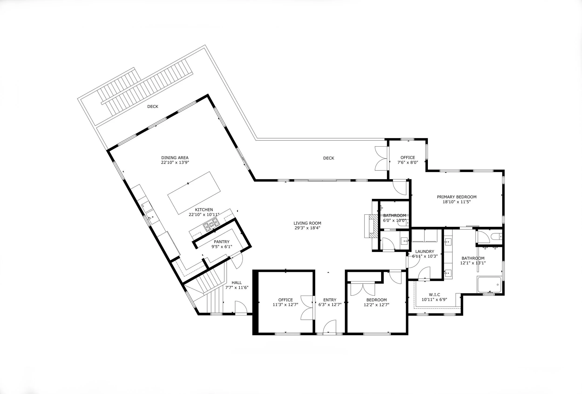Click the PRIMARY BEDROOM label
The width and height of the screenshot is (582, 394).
[x=457, y=197]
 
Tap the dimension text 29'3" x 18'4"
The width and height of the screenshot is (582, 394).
[x=307, y=228]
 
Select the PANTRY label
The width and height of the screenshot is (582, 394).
[x=221, y=242]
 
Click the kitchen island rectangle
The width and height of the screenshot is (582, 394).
[x=194, y=193]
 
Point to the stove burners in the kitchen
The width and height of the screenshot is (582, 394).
[x=211, y=224]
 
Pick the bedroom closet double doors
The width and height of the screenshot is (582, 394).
[x=363, y=289]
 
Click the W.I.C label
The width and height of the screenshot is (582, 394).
[x=434, y=295]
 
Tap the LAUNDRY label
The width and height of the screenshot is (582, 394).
[x=424, y=251]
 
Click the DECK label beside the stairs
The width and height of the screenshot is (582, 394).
[x=152, y=107]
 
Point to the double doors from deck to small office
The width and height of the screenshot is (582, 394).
[x=381, y=158]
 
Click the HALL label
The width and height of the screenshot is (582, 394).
[x=237, y=283]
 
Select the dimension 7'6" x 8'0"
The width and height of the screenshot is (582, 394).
[x=407, y=162]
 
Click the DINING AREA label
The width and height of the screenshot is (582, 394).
[x=175, y=158]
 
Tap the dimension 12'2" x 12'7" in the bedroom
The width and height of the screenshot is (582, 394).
[x=376, y=305]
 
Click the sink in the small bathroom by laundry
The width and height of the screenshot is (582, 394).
[x=404, y=241]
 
